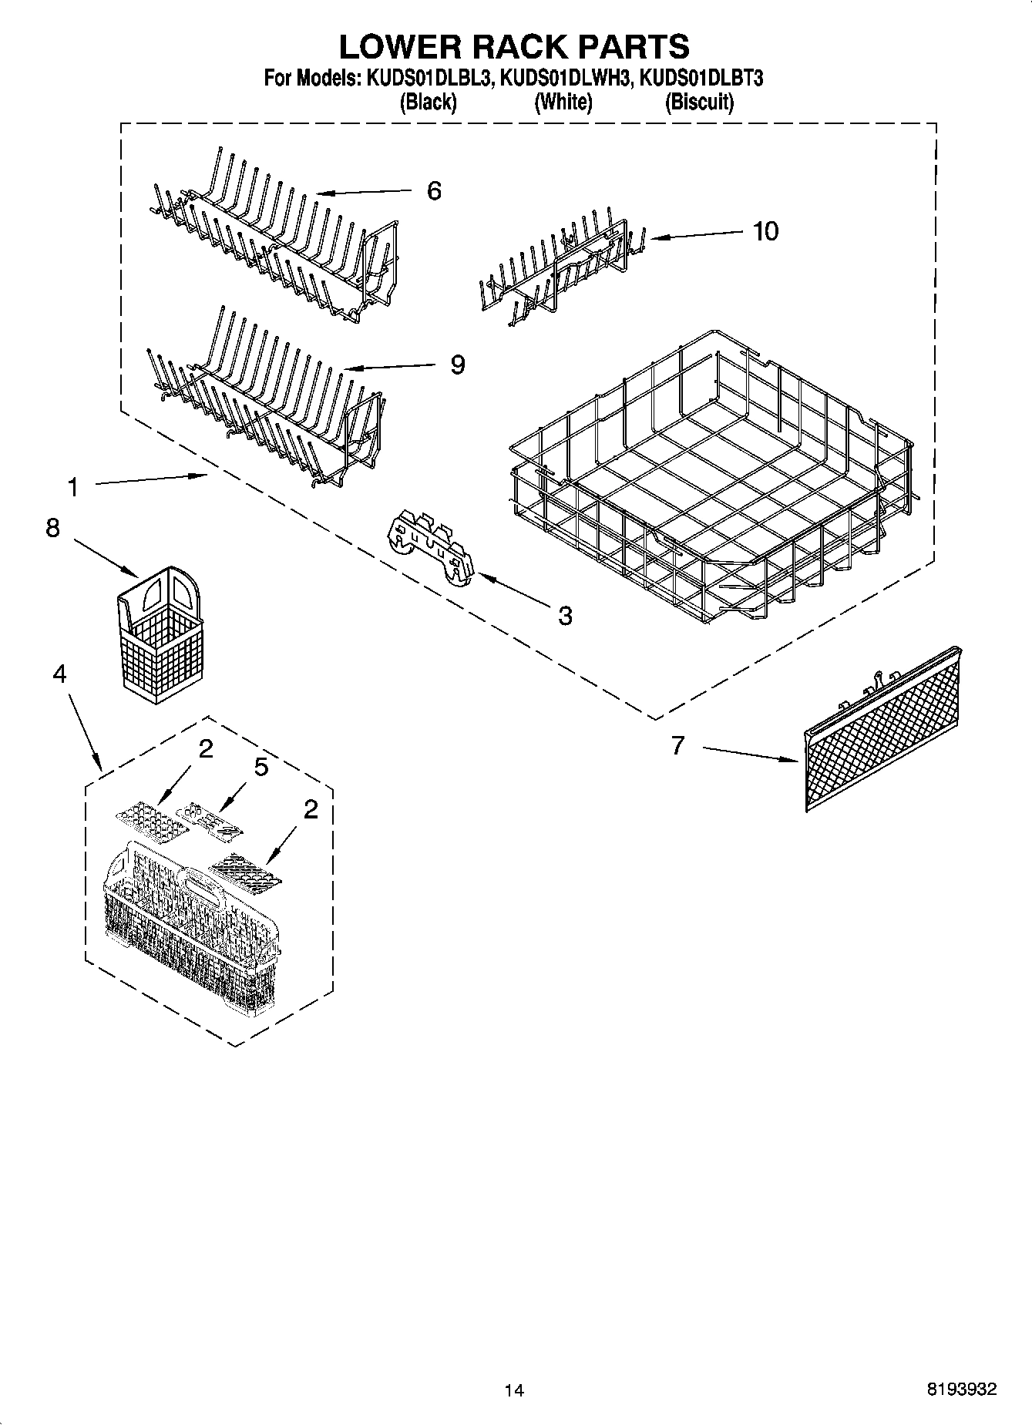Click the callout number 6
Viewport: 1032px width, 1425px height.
(434, 190)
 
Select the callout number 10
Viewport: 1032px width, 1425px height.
(765, 230)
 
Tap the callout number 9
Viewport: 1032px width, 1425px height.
(457, 364)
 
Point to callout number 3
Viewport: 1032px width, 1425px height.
(565, 615)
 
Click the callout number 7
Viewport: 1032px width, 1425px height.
(677, 745)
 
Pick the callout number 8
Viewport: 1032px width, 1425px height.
(52, 528)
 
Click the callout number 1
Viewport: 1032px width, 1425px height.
(72, 487)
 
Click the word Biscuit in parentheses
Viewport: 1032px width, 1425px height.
(698, 102)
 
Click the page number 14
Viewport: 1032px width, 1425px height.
(514, 1390)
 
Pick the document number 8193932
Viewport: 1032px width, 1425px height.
(961, 1389)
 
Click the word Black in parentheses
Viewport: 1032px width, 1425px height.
(428, 102)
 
